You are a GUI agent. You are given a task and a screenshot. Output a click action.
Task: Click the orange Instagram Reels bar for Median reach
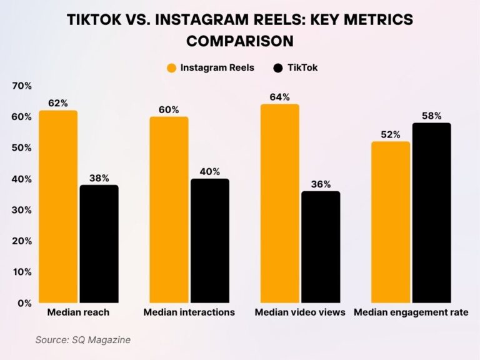point(58,207)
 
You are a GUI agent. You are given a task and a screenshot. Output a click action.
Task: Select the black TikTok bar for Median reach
point(99,244)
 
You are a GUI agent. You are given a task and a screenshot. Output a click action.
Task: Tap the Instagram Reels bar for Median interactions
point(169,210)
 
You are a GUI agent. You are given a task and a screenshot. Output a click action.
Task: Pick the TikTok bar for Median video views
point(321,247)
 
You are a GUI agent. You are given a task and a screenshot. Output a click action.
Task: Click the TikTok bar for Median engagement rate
point(431,212)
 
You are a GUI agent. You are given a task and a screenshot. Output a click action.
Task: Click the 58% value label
point(431,116)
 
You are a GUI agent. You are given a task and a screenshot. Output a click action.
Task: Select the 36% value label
point(321,184)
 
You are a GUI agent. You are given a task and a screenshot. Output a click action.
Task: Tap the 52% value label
point(391,134)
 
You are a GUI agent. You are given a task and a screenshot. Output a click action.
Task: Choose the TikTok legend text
point(303,67)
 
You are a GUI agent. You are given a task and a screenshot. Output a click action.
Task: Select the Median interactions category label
point(189,312)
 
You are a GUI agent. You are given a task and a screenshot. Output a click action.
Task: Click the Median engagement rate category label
point(411,312)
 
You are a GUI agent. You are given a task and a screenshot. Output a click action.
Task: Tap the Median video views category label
point(300,312)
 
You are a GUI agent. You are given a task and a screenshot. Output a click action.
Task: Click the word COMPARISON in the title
point(240,41)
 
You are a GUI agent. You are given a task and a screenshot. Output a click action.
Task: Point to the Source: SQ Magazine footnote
point(82,339)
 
